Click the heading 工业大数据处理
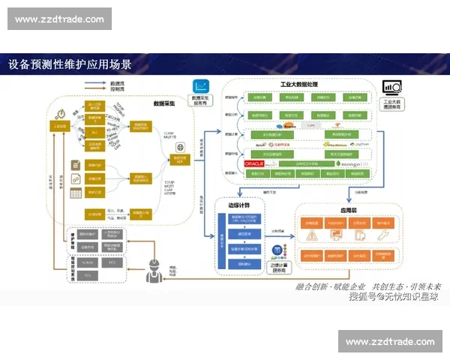(299, 85)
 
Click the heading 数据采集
(164, 103)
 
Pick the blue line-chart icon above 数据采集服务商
(201, 86)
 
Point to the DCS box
(113, 263)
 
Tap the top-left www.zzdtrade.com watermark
(60, 19)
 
